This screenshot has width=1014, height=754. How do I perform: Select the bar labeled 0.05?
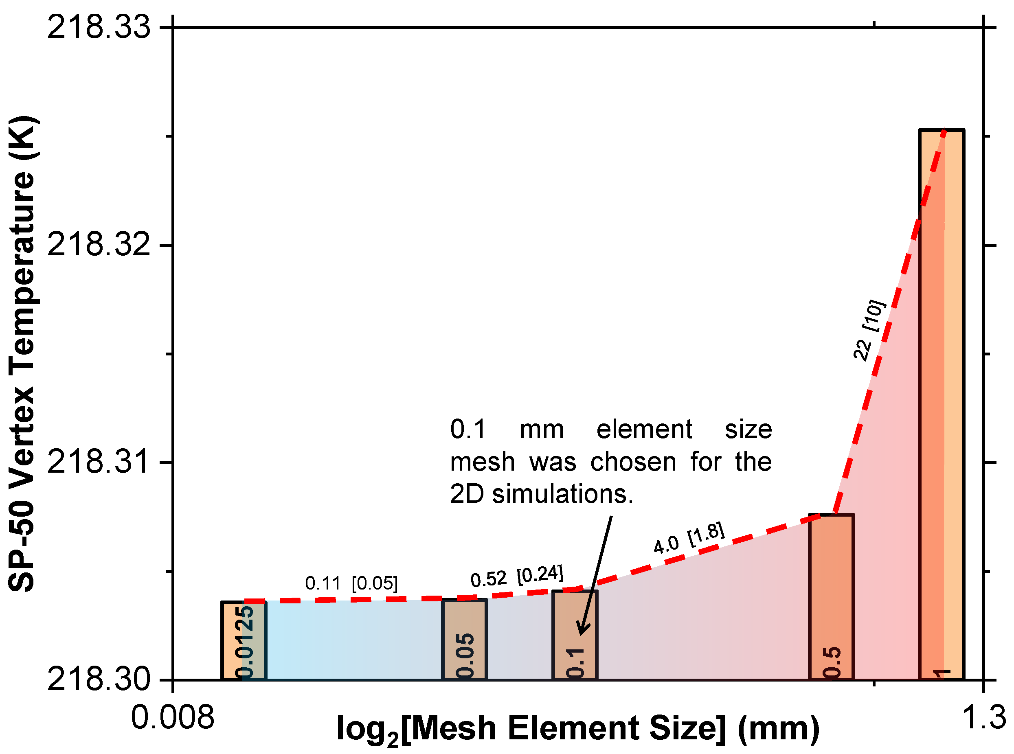pyautogui.click(x=464, y=639)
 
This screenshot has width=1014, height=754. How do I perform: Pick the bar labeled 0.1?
pyautogui.click(x=575, y=634)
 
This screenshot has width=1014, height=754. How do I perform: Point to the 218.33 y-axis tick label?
pyautogui.click(x=99, y=27)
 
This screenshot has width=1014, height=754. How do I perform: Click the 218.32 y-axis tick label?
pyautogui.click(x=99, y=245)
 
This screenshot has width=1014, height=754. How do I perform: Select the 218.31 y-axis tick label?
pyautogui.click(x=99, y=462)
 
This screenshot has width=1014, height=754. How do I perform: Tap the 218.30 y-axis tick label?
pyautogui.click(x=99, y=679)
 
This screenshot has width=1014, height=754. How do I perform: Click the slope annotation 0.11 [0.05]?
pyautogui.click(x=351, y=583)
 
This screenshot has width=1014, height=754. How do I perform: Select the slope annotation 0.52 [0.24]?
pyautogui.click(x=517, y=576)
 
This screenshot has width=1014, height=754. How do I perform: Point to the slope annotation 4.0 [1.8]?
pyautogui.click(x=689, y=539)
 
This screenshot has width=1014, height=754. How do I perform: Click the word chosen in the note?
pyautogui.click(x=633, y=462)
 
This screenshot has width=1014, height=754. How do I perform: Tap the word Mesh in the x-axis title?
pyautogui.click(x=455, y=728)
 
